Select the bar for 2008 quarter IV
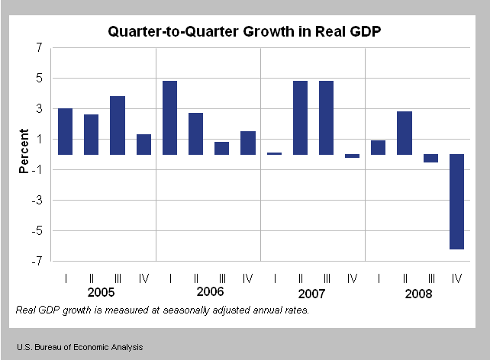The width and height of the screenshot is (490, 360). coord(457,201)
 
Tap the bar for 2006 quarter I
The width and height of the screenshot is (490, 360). coord(169,117)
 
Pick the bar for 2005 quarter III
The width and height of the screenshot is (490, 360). coord(118,125)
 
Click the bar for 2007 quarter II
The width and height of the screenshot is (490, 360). coord(300,117)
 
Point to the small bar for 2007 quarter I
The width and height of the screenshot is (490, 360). coord(274,153)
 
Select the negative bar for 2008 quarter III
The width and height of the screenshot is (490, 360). coord(431,158)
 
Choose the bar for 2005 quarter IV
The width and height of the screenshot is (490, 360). coord(143,144)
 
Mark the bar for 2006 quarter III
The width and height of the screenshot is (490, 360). coord(222,148)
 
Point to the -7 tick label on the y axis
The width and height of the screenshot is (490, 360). coord(36,262)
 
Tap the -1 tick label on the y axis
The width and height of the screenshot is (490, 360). coord(36,170)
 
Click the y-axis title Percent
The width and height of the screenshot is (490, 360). coord(24,154)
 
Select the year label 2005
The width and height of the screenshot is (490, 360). coord(102,293)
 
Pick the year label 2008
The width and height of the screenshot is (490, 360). coord(417,293)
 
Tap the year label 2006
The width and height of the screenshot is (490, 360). coord(208,293)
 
